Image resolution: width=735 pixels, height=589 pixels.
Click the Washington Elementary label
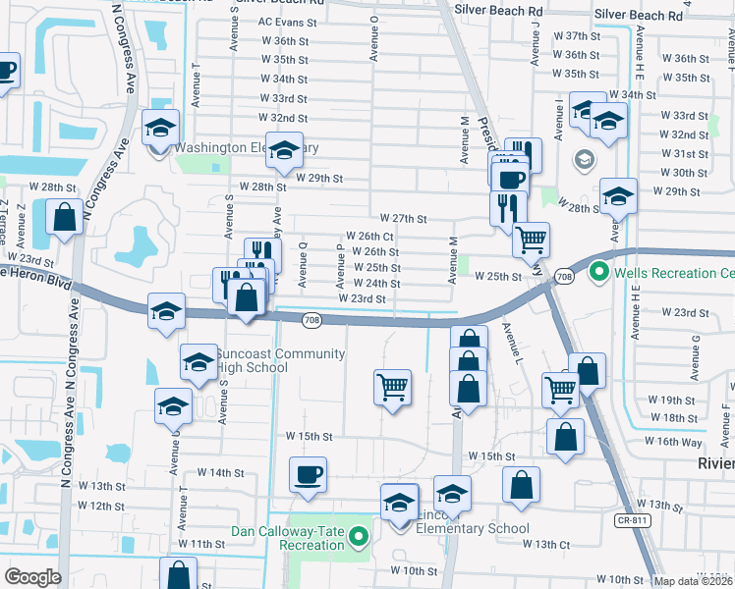click(x=246, y=147)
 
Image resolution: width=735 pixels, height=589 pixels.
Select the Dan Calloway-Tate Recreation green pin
click(x=359, y=537)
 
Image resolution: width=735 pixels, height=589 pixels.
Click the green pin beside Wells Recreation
click(x=596, y=271)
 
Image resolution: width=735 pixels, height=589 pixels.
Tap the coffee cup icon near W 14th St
click(x=308, y=475)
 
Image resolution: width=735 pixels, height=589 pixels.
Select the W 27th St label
click(x=403, y=218)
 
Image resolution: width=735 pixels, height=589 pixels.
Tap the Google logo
click(x=31, y=577)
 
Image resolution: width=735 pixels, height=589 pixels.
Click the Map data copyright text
click(x=693, y=581)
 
